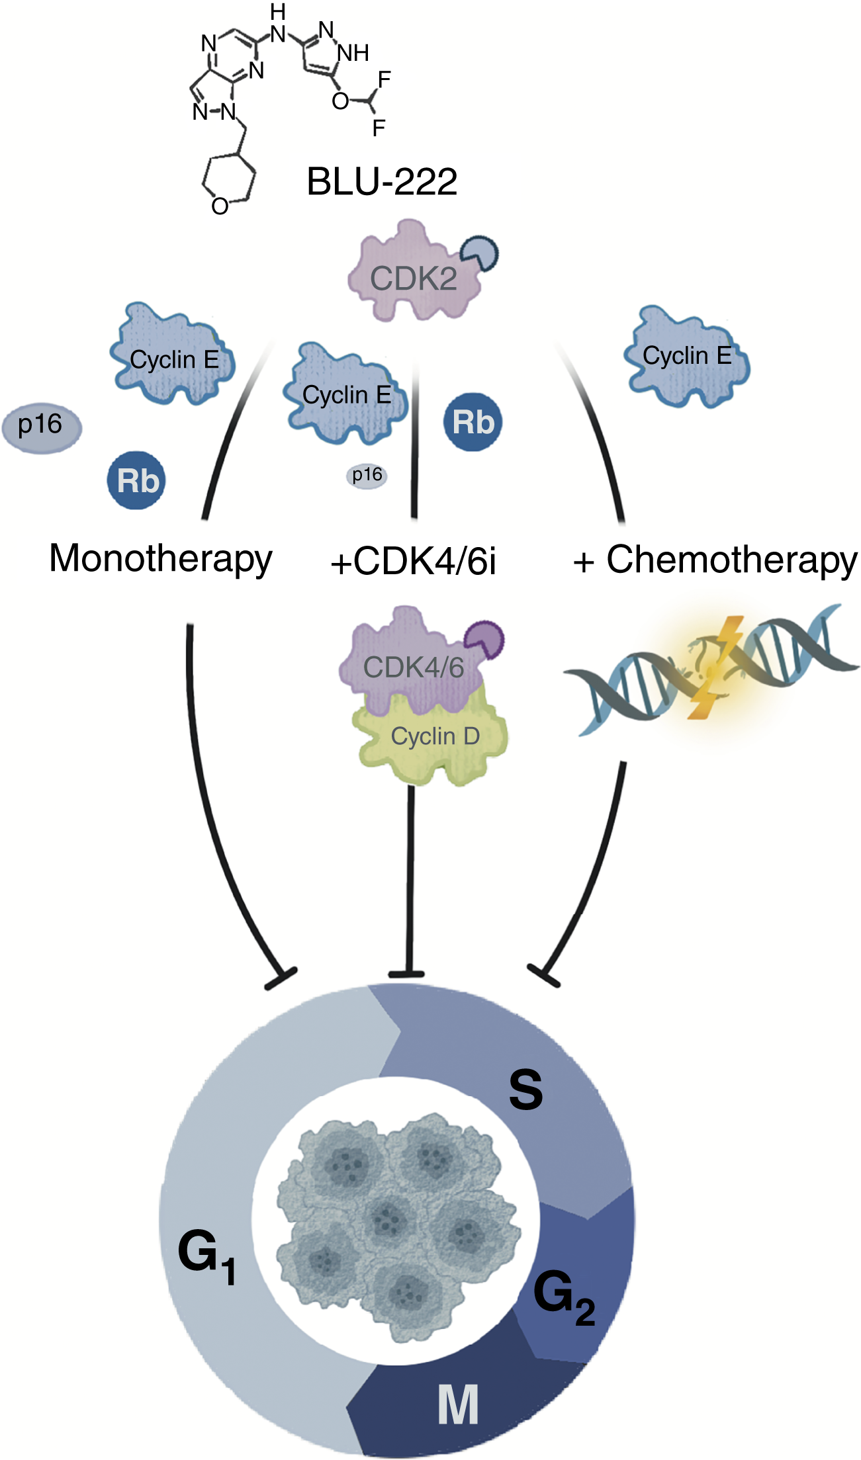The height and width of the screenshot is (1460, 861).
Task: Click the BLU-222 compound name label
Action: tap(382, 181)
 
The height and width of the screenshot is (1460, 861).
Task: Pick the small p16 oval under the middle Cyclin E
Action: tap(367, 475)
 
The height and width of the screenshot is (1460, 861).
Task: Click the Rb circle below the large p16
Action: tap(136, 480)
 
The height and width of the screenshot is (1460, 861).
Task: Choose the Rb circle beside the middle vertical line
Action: tap(473, 422)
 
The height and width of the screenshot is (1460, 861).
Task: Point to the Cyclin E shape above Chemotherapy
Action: tap(687, 357)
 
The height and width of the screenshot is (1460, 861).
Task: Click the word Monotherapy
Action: tap(160, 559)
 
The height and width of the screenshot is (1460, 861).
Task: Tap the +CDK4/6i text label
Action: tap(413, 562)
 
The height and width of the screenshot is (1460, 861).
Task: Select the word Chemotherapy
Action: tap(731, 560)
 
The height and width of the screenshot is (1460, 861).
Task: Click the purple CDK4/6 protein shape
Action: tap(410, 665)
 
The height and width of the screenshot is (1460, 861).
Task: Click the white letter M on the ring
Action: tap(458, 1405)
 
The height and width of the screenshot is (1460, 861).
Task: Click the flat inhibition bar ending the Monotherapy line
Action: tap(281, 979)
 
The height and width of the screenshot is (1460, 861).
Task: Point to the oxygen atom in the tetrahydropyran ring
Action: tap(220, 206)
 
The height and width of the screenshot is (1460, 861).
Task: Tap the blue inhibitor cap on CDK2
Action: tap(480, 253)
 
